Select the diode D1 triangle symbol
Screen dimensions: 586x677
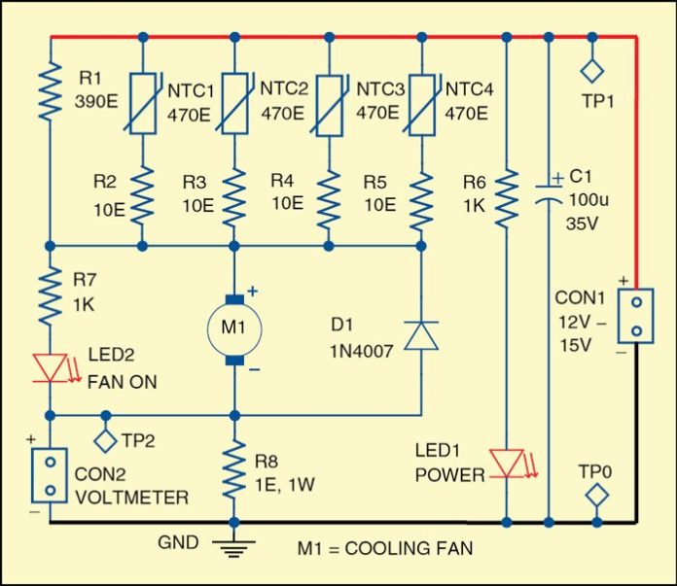click(420, 335)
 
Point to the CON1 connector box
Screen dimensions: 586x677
click(635, 316)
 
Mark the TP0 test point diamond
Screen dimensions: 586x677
click(593, 497)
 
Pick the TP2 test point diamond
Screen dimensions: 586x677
click(105, 439)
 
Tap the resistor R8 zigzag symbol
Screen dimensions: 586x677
click(233, 469)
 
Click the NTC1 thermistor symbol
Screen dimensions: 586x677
click(143, 102)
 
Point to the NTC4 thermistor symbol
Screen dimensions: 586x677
click(420, 102)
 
